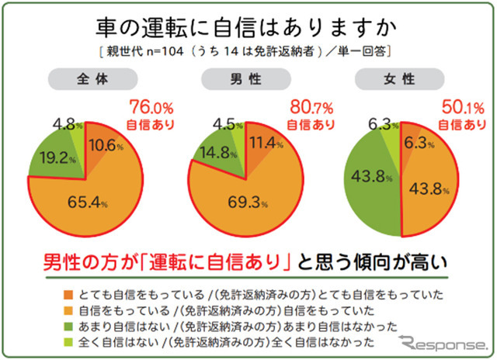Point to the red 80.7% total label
tap(308, 109)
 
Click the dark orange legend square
tap(68, 295)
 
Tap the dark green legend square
tap(68, 326)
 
